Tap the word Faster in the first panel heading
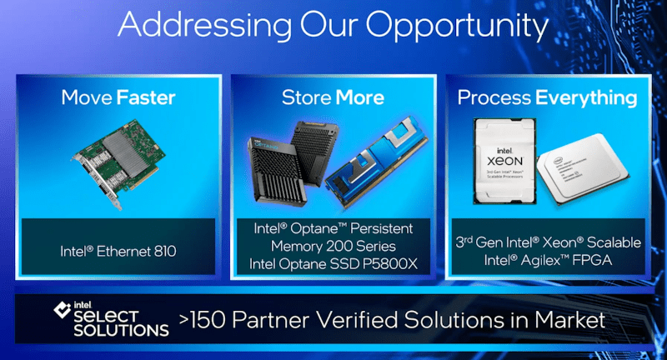click(x=146, y=97)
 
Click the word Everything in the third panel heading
click(x=586, y=97)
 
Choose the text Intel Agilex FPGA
click(x=548, y=260)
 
